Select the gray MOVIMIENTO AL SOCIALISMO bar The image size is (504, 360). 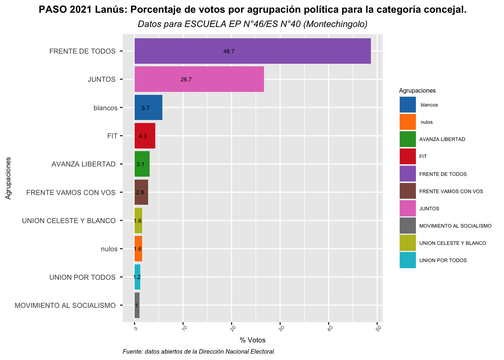137,305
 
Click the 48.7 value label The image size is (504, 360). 229,51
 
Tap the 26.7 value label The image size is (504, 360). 186,79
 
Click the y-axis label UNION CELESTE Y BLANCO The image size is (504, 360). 69,221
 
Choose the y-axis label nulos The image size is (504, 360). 109,249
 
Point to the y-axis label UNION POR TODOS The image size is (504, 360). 82,277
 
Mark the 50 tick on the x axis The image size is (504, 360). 379,329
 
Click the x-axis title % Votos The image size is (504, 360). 252,340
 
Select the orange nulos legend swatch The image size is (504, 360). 408,122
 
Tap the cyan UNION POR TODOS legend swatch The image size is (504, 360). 408,260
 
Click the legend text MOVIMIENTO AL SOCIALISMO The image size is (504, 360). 455,226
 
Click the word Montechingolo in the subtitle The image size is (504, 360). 335,24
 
